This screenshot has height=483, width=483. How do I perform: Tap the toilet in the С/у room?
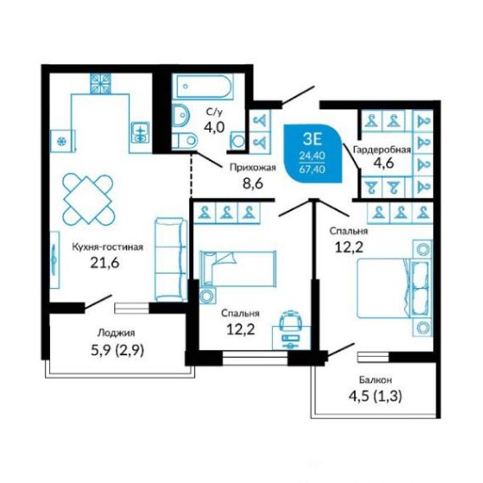point(184,141)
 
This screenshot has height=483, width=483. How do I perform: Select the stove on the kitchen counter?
point(101,84)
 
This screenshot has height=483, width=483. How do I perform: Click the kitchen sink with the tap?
point(141,132)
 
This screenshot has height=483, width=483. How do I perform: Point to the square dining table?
point(88,199)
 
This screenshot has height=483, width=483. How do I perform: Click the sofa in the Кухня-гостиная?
point(171,259)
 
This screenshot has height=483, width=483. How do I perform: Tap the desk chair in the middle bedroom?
point(291,320)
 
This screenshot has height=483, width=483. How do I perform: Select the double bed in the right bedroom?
point(393,288)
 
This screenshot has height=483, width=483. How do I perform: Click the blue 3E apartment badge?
point(313,153)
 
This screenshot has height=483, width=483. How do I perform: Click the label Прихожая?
point(253,168)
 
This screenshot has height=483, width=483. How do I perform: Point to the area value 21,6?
point(105,263)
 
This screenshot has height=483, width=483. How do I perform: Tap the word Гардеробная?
point(382,150)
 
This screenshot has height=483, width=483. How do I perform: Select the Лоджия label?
point(116,333)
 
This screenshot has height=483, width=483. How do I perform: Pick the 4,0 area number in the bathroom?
point(214,126)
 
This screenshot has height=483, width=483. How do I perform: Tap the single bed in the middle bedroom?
point(238,269)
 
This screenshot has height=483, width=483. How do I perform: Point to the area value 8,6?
point(253,184)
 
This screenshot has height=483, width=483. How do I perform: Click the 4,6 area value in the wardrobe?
point(384,163)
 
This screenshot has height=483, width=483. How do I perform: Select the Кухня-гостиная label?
point(108,247)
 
